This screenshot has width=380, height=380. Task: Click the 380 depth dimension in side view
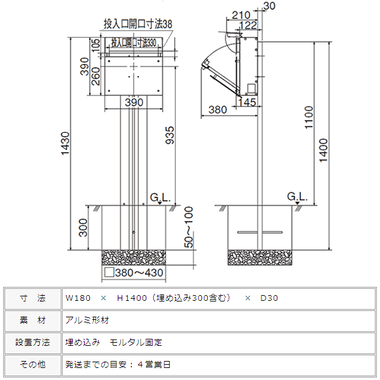(x=217, y=110)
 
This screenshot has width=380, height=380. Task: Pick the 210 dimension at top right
(x=240, y=15)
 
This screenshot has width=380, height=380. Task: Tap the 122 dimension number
(x=249, y=25)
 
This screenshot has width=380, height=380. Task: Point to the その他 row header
(x=33, y=365)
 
